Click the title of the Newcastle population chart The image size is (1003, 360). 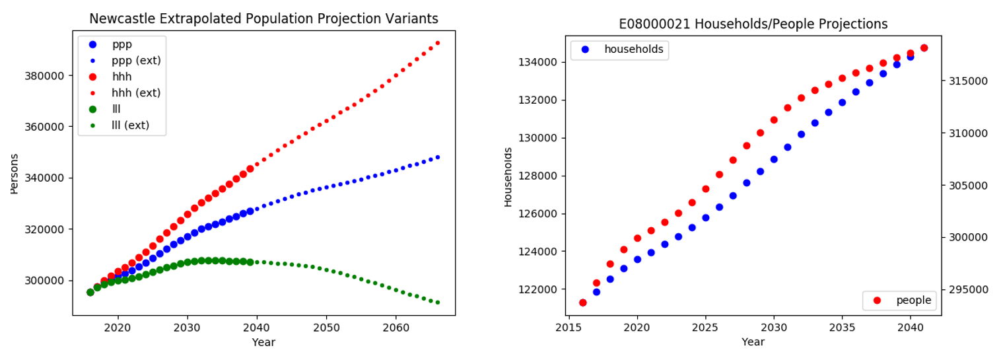tap(263, 18)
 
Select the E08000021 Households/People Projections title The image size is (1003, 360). tap(753, 24)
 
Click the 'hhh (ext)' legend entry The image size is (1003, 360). tap(126, 92)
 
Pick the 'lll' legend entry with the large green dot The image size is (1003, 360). tap(105, 109)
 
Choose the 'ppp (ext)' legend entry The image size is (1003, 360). tap(126, 61)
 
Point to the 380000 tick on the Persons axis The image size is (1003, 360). tap(44, 76)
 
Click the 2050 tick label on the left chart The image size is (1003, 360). tap(326, 328)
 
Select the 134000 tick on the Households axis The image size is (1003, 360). tap(537, 62)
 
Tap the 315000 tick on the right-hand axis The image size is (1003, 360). tap(968, 81)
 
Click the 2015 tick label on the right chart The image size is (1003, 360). tap(569, 328)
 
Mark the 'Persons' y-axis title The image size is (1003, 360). tap(14, 174)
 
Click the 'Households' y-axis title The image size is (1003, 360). tap(508, 177)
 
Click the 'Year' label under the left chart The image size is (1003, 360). tap(263, 342)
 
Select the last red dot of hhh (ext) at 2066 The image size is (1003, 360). tap(438, 43)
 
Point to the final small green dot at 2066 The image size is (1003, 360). tap(438, 303)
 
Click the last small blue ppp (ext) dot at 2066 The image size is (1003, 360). tap(438, 157)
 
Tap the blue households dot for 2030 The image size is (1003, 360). tap(774, 159)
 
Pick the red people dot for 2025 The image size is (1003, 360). tap(706, 189)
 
